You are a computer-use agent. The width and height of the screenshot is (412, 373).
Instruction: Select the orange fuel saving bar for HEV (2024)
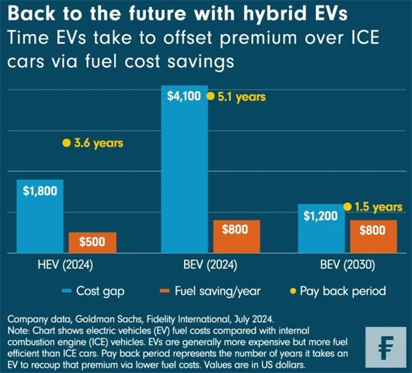[x=93, y=242]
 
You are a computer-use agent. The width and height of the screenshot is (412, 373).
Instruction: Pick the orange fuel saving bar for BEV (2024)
[x=237, y=236]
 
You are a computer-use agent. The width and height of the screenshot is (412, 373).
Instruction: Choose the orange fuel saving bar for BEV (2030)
[x=373, y=236]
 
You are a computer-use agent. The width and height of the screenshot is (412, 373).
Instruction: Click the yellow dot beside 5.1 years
[x=210, y=97]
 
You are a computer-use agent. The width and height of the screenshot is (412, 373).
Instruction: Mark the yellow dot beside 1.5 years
[x=348, y=207]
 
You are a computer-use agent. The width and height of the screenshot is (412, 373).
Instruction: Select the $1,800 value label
[x=40, y=191]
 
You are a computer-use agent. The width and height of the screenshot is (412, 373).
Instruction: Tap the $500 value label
[x=93, y=242]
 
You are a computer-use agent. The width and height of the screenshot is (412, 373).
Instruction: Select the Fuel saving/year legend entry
[x=209, y=291]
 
